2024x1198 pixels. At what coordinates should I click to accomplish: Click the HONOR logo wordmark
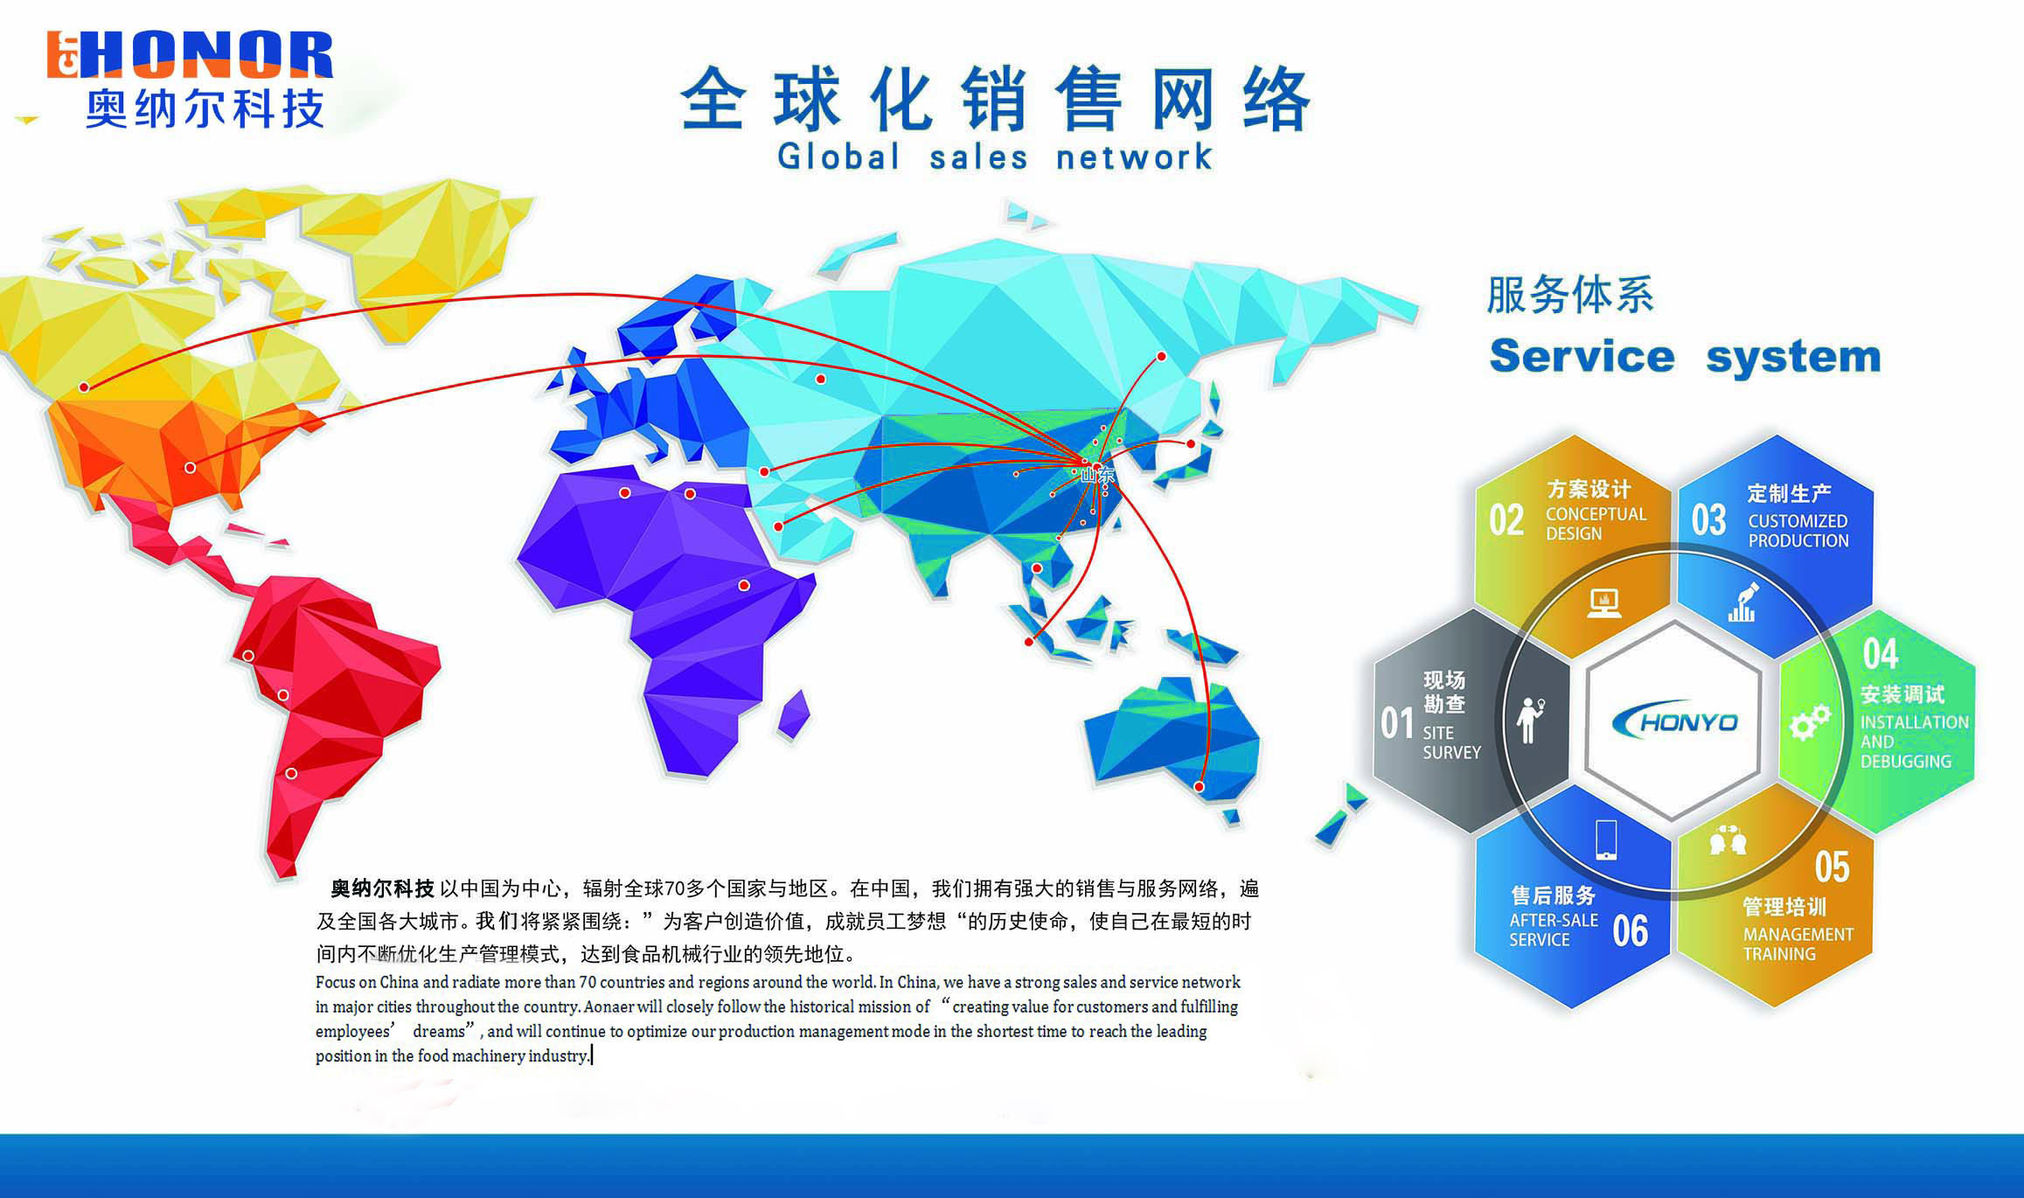coord(190,55)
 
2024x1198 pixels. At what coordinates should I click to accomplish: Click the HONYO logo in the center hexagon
coord(1673,721)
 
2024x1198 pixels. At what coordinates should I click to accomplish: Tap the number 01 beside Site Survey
coord(1396,723)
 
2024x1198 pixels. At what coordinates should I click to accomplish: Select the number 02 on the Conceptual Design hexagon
coord(1506,520)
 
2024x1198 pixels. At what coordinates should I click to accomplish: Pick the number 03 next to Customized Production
coord(1708,520)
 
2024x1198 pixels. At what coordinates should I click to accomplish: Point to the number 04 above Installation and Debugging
coord(1880,653)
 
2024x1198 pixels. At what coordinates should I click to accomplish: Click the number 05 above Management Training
coord(1832,867)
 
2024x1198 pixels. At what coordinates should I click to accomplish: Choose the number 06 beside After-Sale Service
coord(1631,930)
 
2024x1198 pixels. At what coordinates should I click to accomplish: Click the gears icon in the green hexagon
coord(1810,722)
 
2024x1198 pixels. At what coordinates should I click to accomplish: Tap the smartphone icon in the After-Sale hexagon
coord(1605,839)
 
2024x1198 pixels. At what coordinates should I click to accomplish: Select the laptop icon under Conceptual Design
coord(1603,602)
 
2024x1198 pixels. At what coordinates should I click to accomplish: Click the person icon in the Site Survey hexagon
coord(1530,720)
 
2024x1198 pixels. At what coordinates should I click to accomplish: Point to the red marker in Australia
coord(1199,787)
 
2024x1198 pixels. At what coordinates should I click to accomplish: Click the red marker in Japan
coord(1190,444)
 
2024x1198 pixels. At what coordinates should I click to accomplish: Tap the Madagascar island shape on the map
coord(794,714)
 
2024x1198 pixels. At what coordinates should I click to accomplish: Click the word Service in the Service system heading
coord(1582,356)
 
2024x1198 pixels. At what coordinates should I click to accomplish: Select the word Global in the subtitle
coord(838,157)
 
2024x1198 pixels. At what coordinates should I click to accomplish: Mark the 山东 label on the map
coord(1098,475)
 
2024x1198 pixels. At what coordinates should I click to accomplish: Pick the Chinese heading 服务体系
coord(1570,295)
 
